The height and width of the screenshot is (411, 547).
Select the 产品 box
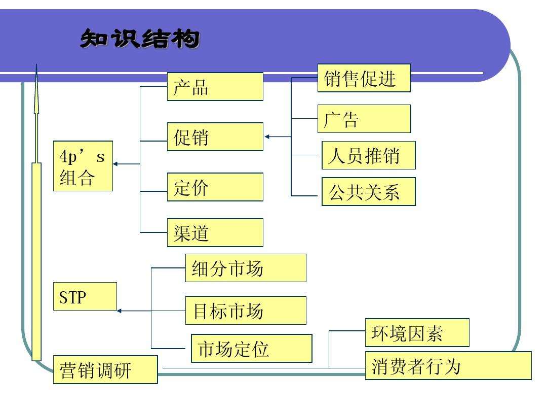pyautogui.click(x=215, y=87)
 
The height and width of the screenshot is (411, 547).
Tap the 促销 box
pyautogui.click(x=215, y=136)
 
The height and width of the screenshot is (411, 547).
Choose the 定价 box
pyautogui.click(x=215, y=187)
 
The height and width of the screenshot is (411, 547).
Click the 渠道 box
pyautogui.click(x=215, y=233)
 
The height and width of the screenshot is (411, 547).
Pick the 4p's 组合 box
pyautogui.click(x=83, y=166)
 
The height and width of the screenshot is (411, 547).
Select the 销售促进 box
pyautogui.click(x=364, y=78)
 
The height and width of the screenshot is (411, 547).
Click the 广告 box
pyautogui.click(x=364, y=119)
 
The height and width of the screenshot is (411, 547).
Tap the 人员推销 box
pyautogui.click(x=368, y=155)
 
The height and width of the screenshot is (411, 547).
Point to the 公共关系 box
pyautogui.click(x=368, y=191)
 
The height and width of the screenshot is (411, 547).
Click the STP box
pyautogui.click(x=85, y=296)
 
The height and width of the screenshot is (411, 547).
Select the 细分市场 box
pyautogui.click(x=246, y=268)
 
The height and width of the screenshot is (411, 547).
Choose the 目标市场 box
pyautogui.click(x=246, y=310)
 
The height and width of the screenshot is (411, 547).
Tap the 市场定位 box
pyautogui.click(x=251, y=348)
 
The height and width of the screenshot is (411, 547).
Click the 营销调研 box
pyautogui.click(x=105, y=369)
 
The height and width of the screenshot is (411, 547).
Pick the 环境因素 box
pyautogui.click(x=417, y=333)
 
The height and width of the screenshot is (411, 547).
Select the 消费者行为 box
pyautogui.click(x=448, y=365)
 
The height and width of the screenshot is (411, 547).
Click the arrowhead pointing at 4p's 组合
pyautogui.click(x=116, y=164)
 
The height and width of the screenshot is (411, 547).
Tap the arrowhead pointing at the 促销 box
pyautogui.click(x=267, y=136)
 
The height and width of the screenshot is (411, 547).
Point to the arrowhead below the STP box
pyautogui.click(x=120, y=311)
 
